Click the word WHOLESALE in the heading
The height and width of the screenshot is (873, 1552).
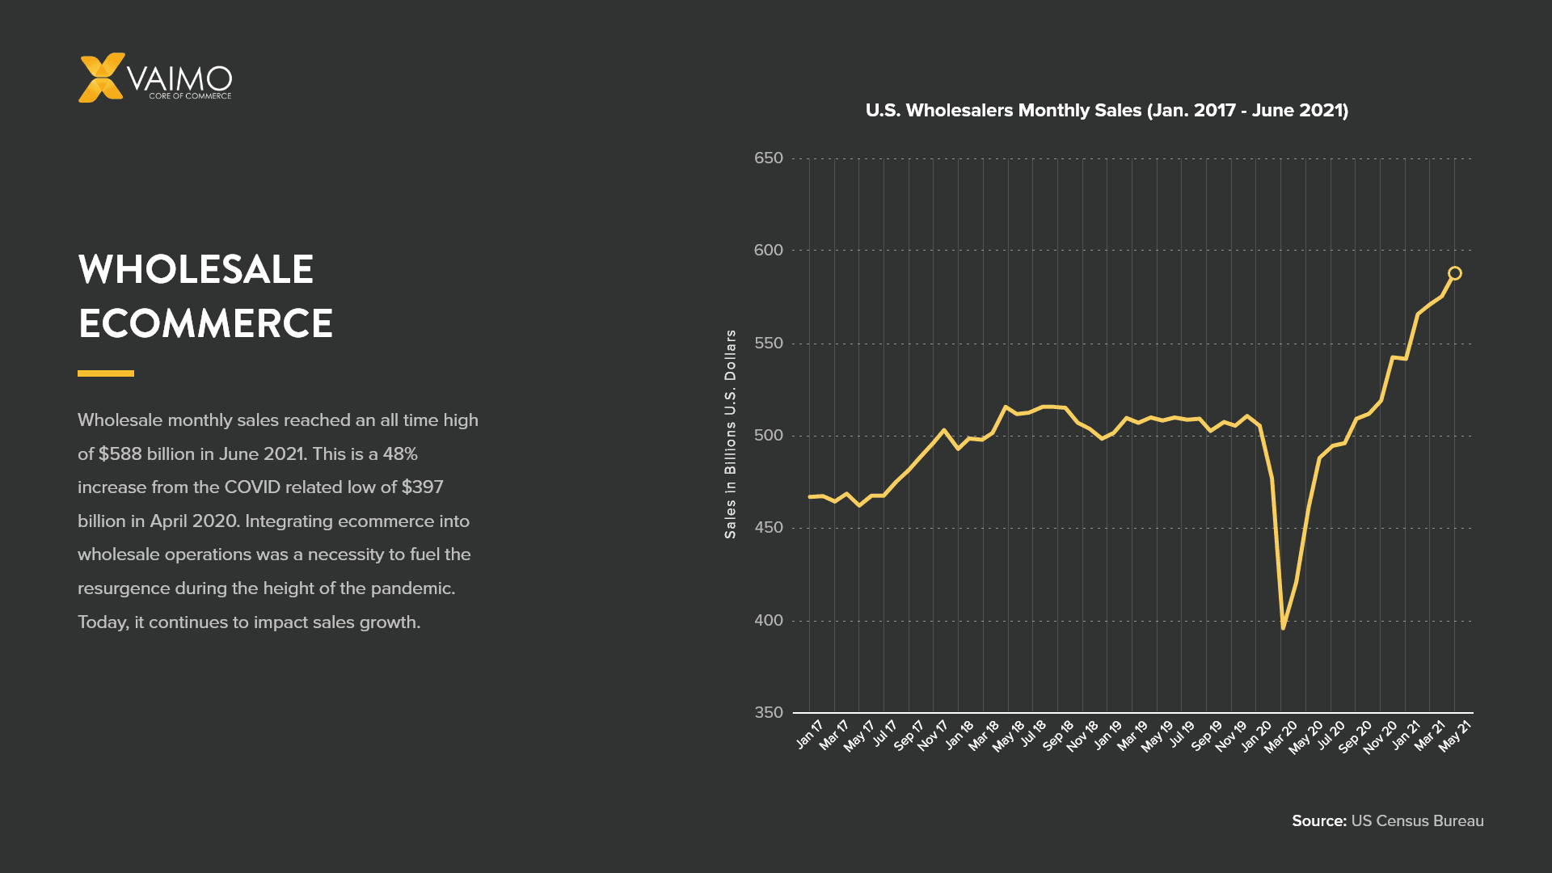(x=196, y=269)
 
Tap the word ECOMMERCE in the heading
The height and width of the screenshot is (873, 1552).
(x=205, y=323)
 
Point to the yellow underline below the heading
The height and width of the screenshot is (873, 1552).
(x=106, y=373)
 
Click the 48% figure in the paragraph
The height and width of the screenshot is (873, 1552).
(x=400, y=453)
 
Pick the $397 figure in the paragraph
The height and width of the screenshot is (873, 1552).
(x=422, y=487)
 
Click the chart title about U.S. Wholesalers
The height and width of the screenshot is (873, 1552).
(x=1107, y=111)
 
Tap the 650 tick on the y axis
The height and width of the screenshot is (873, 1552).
(x=769, y=158)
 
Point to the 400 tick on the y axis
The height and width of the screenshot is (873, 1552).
(x=769, y=621)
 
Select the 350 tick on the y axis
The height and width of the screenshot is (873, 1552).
(x=769, y=713)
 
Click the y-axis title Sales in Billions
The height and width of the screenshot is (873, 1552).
(x=731, y=434)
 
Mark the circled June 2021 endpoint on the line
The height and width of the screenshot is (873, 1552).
(x=1454, y=273)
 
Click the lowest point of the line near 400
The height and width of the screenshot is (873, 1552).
(x=1283, y=627)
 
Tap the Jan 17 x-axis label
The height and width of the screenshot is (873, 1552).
(x=809, y=735)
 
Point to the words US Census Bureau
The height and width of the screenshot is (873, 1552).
(x=1417, y=821)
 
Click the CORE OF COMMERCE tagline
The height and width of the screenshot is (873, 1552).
(x=190, y=96)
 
